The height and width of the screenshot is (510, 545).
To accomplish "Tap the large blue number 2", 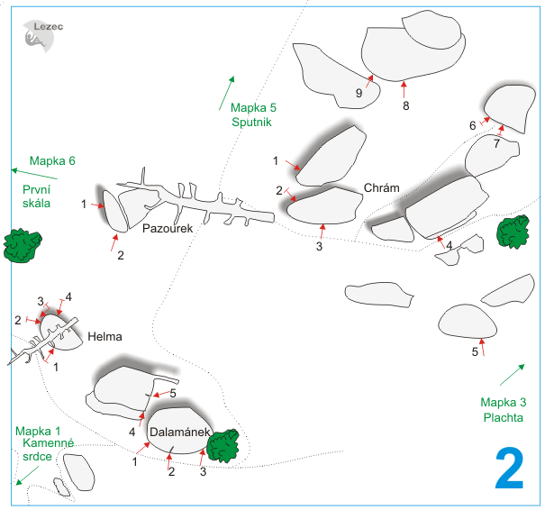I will point(509,469).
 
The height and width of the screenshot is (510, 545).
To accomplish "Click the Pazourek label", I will point(168,229).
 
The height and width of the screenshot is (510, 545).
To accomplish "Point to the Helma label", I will point(104,337).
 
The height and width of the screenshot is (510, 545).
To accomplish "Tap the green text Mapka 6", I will point(51,161).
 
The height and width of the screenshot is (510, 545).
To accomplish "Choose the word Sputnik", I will point(250,123).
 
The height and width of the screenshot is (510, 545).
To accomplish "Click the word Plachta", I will point(502,417).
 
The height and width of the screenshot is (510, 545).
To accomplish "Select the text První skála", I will point(37,196).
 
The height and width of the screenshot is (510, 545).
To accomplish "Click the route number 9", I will point(359,93).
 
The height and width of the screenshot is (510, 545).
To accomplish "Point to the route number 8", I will point(405,105).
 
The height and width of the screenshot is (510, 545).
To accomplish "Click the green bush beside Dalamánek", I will point(223,443).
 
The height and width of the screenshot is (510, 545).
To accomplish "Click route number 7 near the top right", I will point(496,143).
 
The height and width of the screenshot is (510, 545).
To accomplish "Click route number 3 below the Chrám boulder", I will point(320,245).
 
